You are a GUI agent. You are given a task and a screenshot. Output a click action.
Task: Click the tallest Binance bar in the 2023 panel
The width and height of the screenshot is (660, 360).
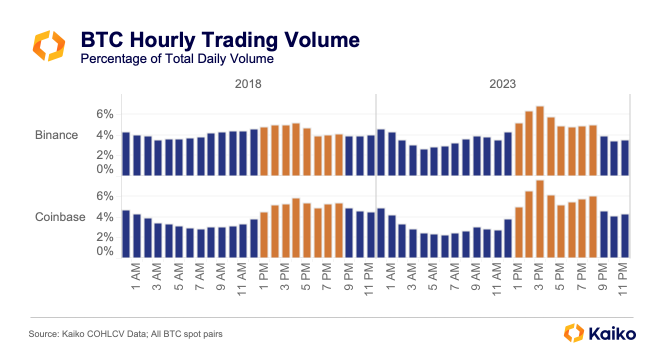[539, 141]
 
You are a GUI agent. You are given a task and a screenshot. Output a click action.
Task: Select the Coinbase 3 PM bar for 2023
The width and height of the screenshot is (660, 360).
[539, 219]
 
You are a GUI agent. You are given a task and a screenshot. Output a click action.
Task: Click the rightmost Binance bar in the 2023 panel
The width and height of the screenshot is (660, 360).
[624, 158]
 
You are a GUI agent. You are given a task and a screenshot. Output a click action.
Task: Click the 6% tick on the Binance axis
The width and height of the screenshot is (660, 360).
[105, 114]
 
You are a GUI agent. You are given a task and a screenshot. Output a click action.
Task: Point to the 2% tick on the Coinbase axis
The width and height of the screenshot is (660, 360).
[105, 237]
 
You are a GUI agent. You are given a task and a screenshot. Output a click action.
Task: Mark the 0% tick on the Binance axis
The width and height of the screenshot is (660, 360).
[105, 169]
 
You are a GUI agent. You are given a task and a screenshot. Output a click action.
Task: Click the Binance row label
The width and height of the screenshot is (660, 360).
[56, 135]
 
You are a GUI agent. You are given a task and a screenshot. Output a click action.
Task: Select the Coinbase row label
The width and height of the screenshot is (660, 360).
[60, 217]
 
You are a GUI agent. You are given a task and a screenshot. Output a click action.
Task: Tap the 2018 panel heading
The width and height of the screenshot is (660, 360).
[248, 84]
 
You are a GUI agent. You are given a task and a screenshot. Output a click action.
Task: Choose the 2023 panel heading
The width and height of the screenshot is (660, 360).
[502, 84]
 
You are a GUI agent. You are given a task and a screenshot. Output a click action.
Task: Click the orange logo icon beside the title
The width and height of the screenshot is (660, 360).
[48, 46]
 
